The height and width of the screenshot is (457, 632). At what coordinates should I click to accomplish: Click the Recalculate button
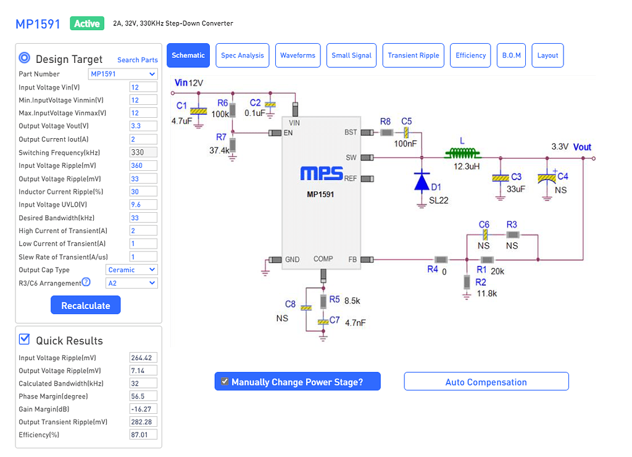pos(85,305)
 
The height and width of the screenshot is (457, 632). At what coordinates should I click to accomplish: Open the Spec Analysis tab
pos(242,56)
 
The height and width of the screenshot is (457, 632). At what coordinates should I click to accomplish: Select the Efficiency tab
pos(470,56)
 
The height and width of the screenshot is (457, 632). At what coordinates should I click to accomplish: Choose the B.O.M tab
pos(511,56)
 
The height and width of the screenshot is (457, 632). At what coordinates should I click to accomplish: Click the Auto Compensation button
pos(486,382)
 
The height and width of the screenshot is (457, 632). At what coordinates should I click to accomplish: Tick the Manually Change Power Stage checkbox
pos(225,382)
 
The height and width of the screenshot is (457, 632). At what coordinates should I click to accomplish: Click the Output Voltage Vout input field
pos(143,126)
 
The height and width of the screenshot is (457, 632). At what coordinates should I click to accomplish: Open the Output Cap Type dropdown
pos(131,270)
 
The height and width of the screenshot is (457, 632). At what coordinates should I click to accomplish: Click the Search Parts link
pos(137,60)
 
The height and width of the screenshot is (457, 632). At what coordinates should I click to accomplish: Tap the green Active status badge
pos(86,24)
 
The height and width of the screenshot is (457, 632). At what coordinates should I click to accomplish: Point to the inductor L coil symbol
pos(462,153)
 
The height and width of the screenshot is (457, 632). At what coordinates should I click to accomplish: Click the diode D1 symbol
pos(422,181)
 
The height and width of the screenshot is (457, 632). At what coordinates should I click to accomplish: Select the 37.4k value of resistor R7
pos(219,150)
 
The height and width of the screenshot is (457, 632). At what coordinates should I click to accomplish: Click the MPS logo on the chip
pos(321,174)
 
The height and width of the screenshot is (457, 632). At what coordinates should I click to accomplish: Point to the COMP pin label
pos(323,259)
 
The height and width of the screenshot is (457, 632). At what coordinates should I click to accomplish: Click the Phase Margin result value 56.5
pos(143,396)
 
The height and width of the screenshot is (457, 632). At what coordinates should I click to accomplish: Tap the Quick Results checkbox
pos(25,339)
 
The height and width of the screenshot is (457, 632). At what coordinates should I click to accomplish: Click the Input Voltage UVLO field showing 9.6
pos(143,205)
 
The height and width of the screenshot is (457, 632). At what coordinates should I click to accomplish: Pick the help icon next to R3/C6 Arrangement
pos(86,282)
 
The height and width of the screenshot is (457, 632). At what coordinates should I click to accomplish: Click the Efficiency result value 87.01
pos(143,435)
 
